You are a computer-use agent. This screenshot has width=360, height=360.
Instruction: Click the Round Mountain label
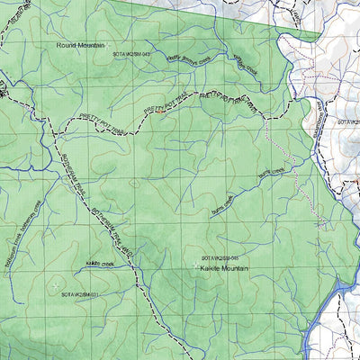pyautogui.click(x=80, y=44)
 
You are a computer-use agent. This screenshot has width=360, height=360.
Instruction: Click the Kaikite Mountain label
pyautogui.click(x=225, y=267)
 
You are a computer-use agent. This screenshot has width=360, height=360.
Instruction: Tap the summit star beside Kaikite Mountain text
pyautogui.click(x=195, y=265)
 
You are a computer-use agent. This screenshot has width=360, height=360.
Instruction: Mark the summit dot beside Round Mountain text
pyautogui.click(x=110, y=45)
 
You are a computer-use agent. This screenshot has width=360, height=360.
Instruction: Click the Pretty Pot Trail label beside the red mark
pyautogui.click(x=162, y=104)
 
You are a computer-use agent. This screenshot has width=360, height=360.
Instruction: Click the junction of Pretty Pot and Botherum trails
pyautogui.click(x=55, y=134)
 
